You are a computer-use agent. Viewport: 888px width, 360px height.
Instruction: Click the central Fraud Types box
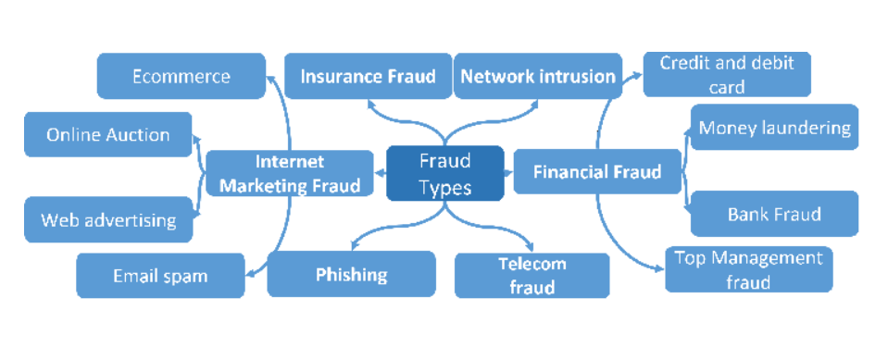pyautogui.click(x=445, y=173)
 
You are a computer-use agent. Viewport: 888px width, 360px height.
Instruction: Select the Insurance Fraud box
pyautogui.click(x=368, y=76)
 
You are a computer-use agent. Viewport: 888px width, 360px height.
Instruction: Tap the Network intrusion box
pyautogui.click(x=538, y=76)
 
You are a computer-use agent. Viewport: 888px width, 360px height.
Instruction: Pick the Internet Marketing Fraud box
pyautogui.click(x=290, y=173)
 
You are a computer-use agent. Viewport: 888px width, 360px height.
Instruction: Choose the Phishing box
pyautogui.click(x=351, y=274)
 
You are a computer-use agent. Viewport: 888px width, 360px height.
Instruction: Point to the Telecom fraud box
pyautogui.click(x=532, y=276)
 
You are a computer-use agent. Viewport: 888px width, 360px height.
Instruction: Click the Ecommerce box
pyautogui.click(x=181, y=76)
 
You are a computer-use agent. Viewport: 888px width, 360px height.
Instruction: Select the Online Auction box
pyautogui.click(x=108, y=135)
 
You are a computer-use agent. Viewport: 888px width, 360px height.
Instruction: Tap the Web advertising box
pyautogui.click(x=108, y=220)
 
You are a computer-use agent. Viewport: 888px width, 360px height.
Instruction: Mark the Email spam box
pyautogui.click(x=160, y=276)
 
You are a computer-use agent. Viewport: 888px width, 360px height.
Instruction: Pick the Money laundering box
pyautogui.click(x=774, y=128)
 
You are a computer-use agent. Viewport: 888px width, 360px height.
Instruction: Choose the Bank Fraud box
pyautogui.click(x=774, y=215)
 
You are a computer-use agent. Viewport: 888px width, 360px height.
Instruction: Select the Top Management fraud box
pyautogui.click(x=748, y=269)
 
